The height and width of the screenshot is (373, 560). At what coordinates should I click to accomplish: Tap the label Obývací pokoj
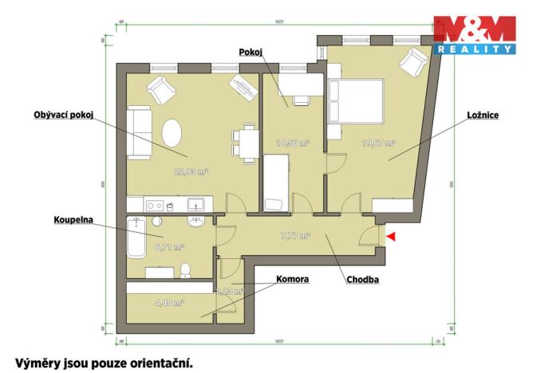click(65, 115)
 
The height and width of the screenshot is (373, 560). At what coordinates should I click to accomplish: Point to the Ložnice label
click(483, 115)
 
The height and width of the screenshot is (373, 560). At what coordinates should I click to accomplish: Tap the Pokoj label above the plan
click(250, 52)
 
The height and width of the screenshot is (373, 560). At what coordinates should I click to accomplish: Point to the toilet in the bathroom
click(185, 270)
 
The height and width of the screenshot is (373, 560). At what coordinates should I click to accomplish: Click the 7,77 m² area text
click(295, 237)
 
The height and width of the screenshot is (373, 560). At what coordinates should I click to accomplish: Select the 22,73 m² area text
click(191, 171)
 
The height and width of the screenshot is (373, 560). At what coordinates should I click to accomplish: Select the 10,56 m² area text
click(292, 144)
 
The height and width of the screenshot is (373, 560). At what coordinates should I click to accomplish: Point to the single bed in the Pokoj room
click(276, 183)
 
